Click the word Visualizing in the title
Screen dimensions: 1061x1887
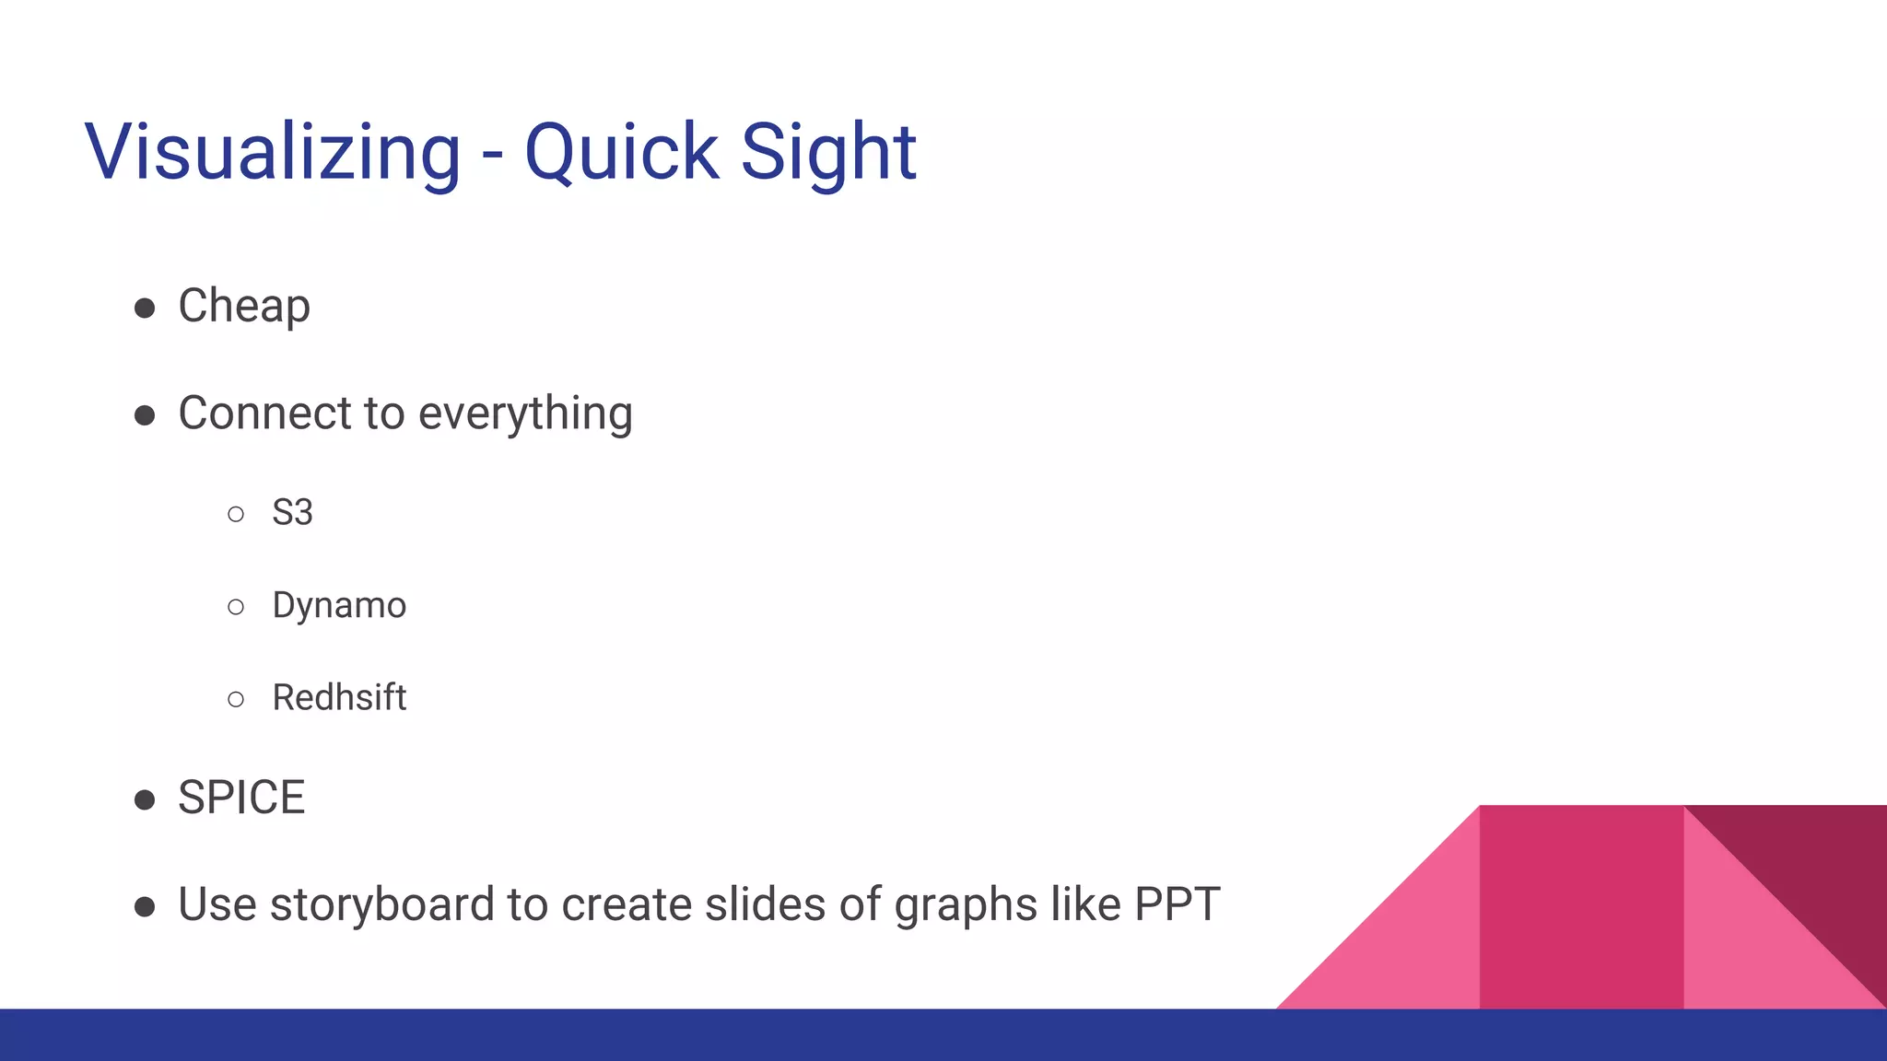pyautogui.click(x=273, y=152)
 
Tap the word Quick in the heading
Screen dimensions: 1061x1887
pyautogui.click(x=621, y=152)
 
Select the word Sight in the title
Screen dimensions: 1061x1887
pyautogui.click(x=828, y=152)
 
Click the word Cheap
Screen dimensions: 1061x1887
pyautogui.click(x=244, y=307)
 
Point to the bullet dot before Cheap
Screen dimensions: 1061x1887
pyautogui.click(x=145, y=308)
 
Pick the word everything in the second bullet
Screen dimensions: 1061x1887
pyautogui.click(x=525, y=414)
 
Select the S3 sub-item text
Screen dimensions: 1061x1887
pyautogui.click(x=292, y=512)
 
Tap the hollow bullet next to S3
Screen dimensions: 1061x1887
pyautogui.click(x=236, y=514)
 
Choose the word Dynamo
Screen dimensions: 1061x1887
pyautogui.click(x=339, y=606)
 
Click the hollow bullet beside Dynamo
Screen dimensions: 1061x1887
pyautogui.click(x=236, y=607)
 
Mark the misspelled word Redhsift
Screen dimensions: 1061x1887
pyautogui.click(x=339, y=698)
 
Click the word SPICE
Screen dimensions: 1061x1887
pyautogui.click(x=241, y=798)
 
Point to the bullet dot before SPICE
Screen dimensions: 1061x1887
pyautogui.click(x=145, y=799)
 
